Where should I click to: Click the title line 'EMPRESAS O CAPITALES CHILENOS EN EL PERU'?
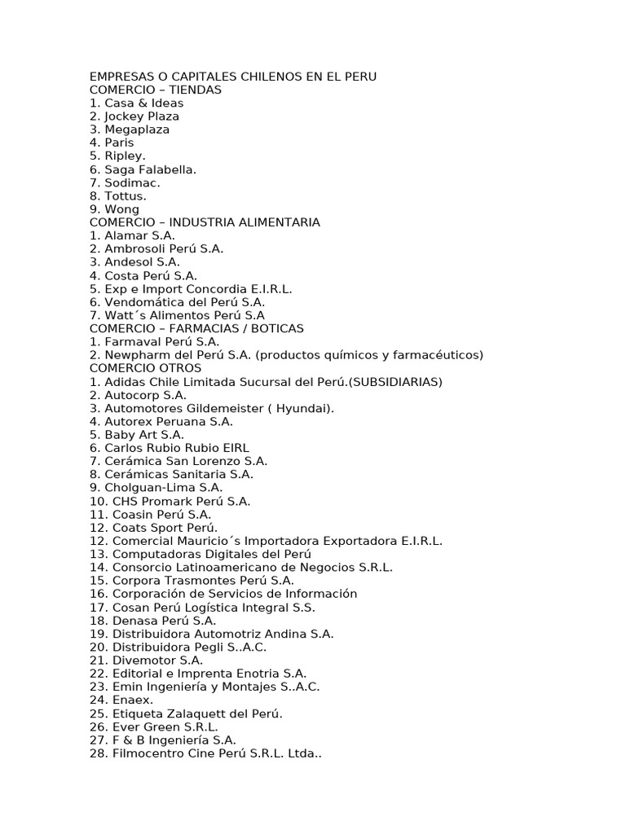click(233, 77)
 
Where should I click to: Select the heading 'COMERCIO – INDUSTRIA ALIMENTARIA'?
click(205, 222)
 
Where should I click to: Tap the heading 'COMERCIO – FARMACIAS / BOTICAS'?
click(196, 328)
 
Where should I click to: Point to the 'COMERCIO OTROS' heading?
click(145, 368)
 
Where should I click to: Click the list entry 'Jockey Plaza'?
click(141, 116)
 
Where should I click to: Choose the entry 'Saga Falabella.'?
click(150, 169)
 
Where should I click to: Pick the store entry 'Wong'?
click(121, 209)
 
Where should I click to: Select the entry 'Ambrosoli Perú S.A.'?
click(163, 248)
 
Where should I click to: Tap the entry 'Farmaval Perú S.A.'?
click(161, 341)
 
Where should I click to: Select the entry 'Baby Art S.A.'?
click(143, 435)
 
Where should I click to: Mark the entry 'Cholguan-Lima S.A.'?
click(163, 488)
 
